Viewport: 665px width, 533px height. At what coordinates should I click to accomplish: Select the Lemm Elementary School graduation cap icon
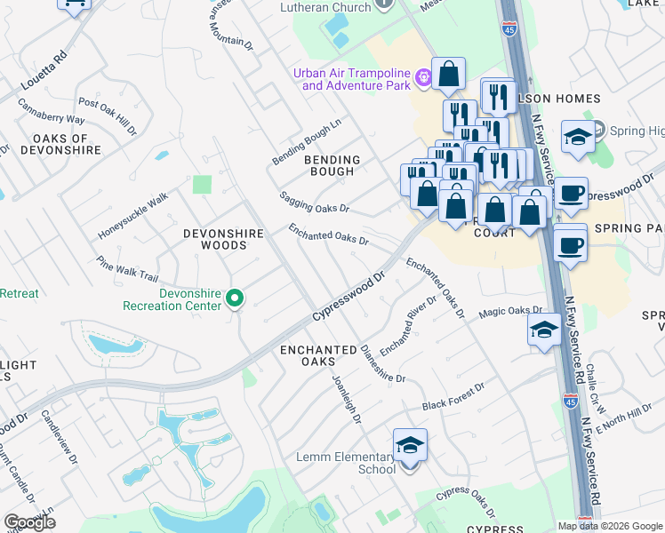click(410, 445)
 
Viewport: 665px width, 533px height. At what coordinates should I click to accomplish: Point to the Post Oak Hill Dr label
click(108, 115)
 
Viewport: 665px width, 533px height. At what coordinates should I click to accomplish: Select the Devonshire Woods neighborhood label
click(223, 239)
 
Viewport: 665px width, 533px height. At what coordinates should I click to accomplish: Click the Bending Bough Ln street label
click(306, 143)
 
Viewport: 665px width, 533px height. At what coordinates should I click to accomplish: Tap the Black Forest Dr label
click(453, 396)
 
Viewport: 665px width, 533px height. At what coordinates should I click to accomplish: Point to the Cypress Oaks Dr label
click(466, 502)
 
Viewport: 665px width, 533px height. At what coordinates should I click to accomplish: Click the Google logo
click(29, 522)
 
